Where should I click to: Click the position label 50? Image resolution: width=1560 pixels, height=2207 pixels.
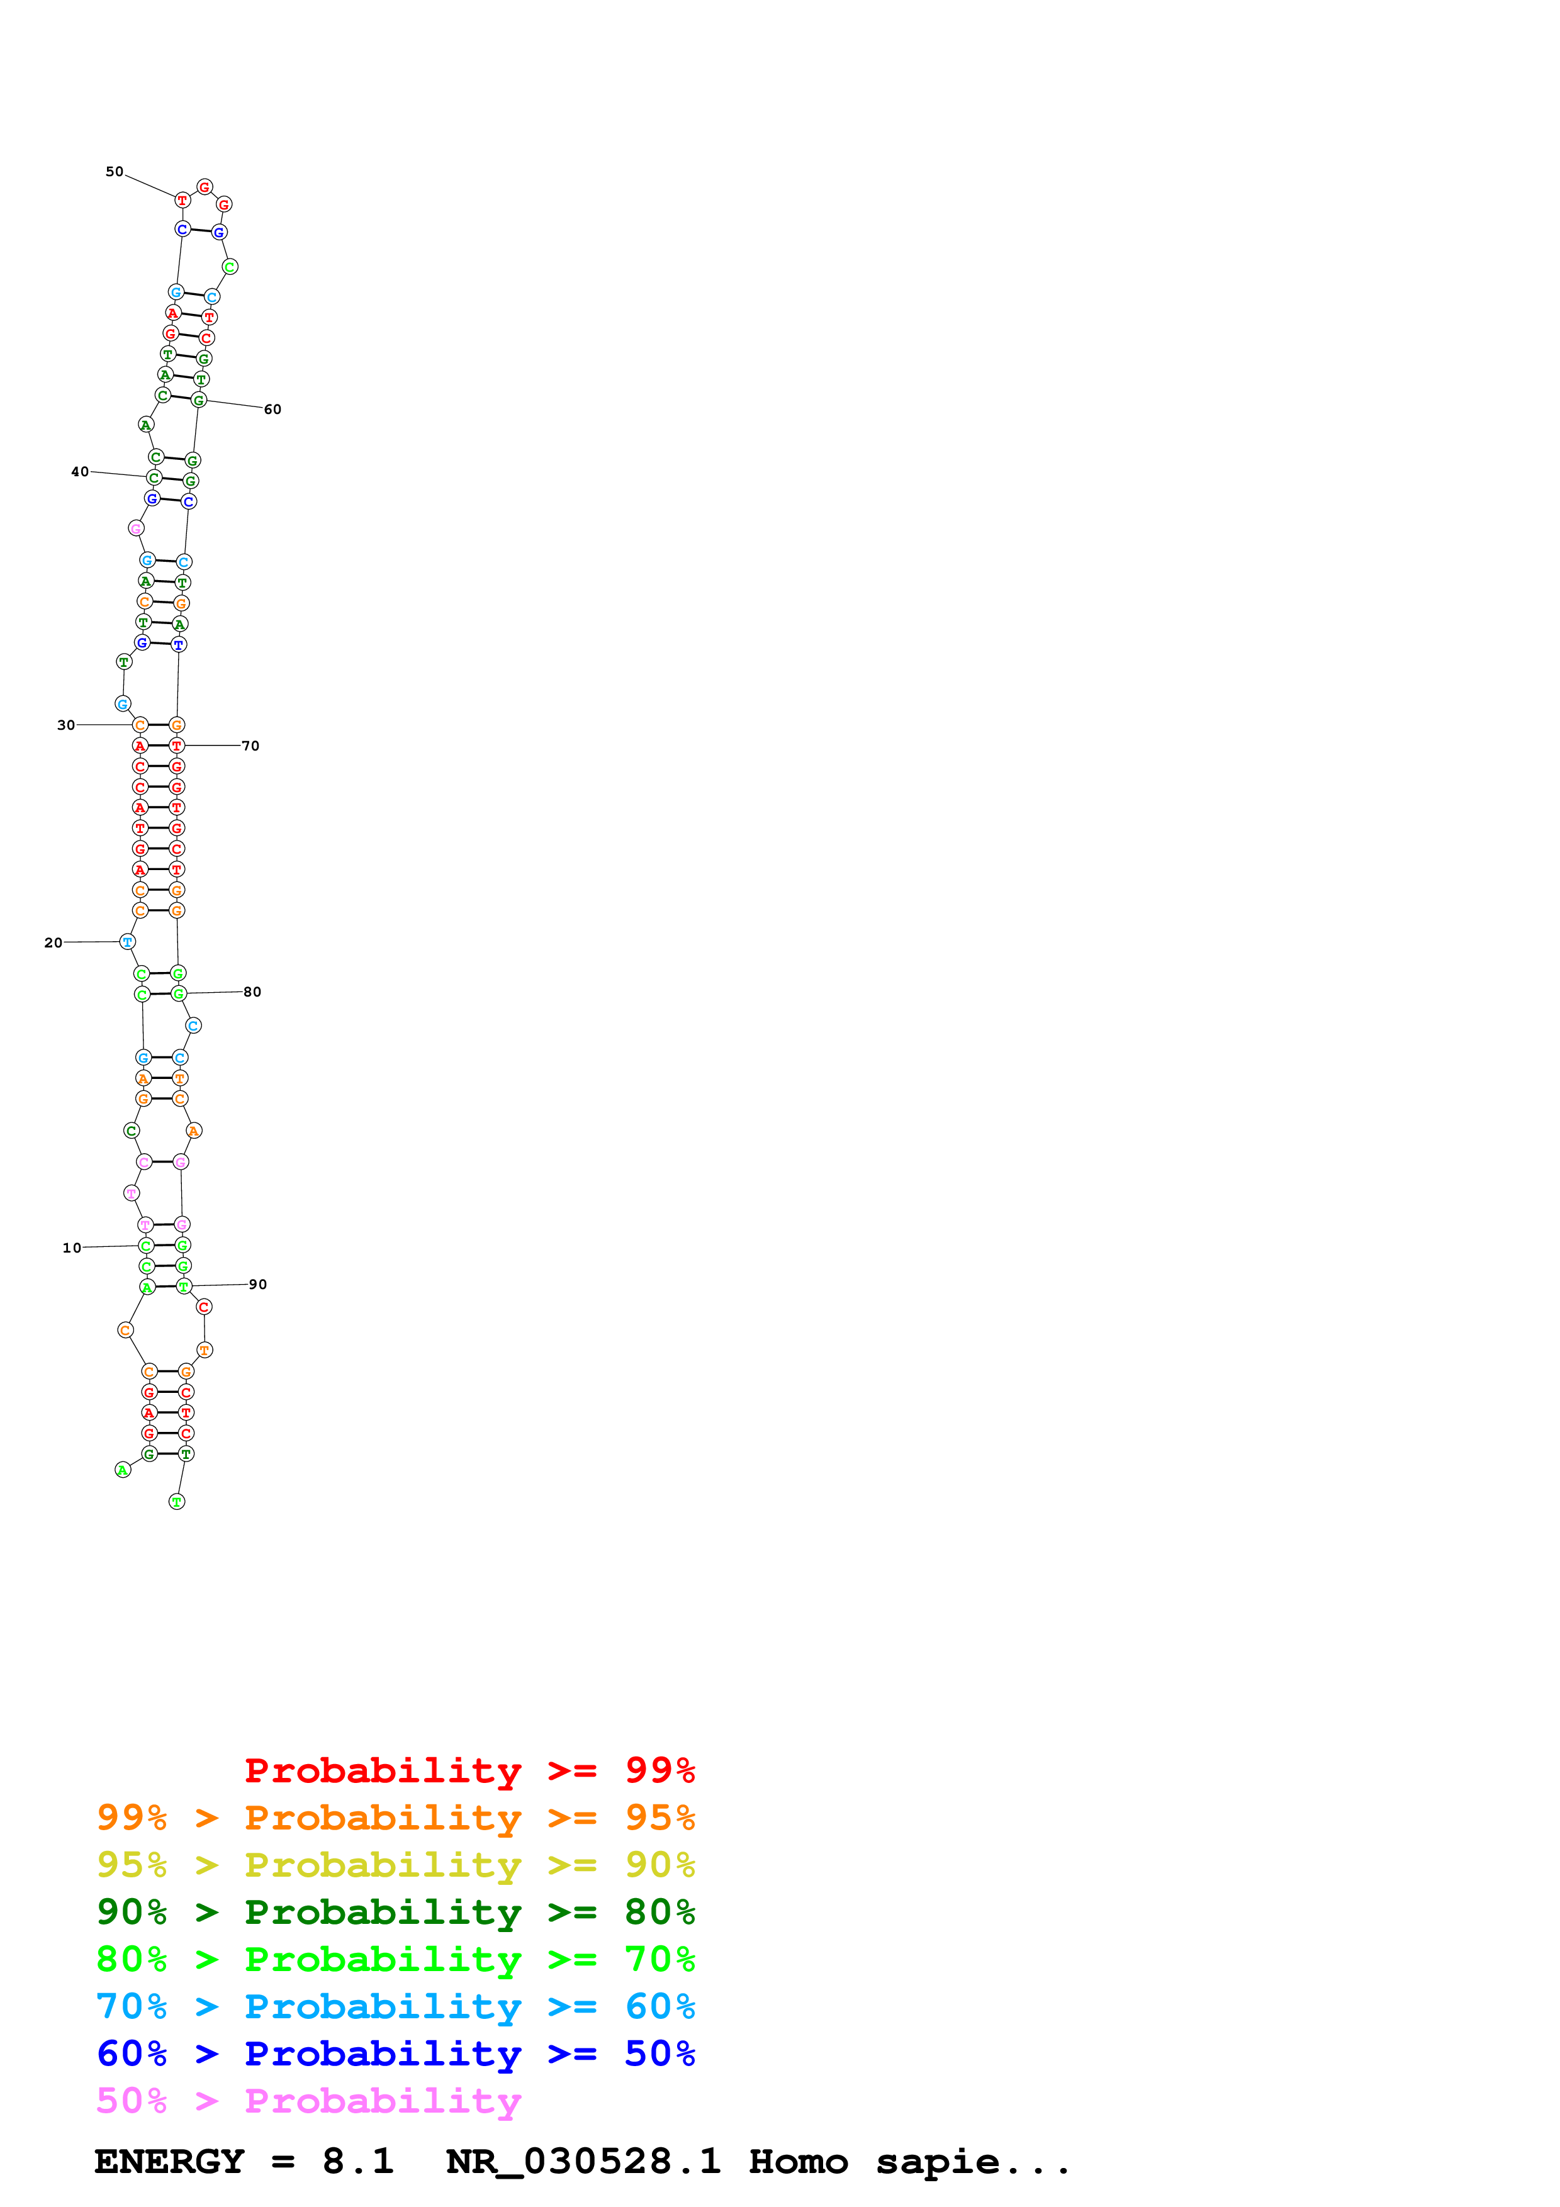click(x=115, y=172)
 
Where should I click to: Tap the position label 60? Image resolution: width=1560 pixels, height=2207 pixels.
click(x=273, y=410)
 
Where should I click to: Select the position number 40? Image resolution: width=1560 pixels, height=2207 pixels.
click(x=80, y=472)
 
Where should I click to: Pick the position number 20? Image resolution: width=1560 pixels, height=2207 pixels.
click(x=53, y=943)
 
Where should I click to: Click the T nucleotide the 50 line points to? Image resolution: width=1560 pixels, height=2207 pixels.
click(x=182, y=200)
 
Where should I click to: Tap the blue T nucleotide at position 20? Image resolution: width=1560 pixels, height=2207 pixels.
click(x=127, y=942)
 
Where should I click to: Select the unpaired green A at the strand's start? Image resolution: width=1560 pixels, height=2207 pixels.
click(x=123, y=1470)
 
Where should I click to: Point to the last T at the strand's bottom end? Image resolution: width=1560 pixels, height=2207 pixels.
click(x=177, y=1502)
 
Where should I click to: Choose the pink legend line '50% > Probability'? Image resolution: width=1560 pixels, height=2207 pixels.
click(x=308, y=2101)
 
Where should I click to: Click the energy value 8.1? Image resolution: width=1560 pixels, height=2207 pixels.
click(x=357, y=2162)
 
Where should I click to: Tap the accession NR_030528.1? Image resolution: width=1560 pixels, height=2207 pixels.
click(x=583, y=2162)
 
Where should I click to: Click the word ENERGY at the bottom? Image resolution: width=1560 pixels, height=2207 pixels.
click(x=169, y=2162)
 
